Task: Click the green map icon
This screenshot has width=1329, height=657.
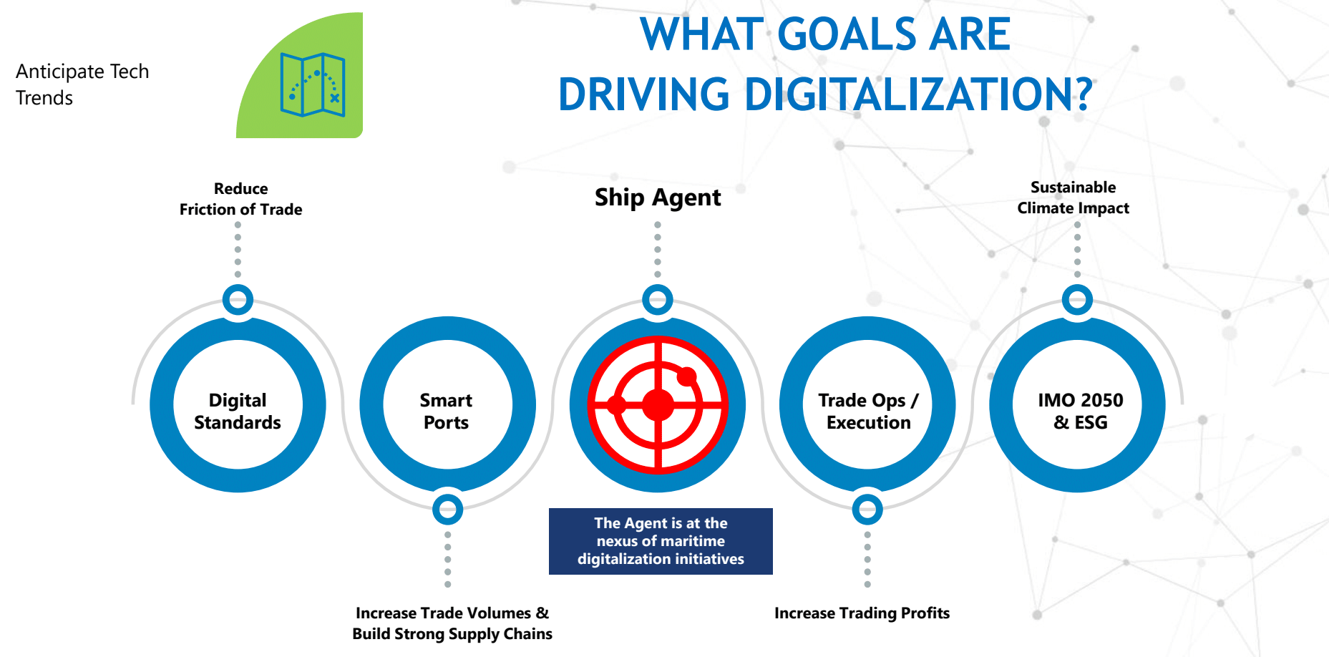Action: tap(313, 84)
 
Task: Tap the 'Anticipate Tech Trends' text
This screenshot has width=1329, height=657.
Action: tap(82, 84)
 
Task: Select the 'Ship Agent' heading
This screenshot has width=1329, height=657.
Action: tap(658, 197)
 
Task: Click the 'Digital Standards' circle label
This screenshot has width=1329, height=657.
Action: tap(238, 411)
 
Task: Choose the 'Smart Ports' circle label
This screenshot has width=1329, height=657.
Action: tap(447, 411)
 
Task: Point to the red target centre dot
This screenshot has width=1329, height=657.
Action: tap(658, 405)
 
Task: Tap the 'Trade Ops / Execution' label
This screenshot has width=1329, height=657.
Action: tap(868, 411)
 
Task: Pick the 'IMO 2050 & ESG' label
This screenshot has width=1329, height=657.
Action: tap(1081, 411)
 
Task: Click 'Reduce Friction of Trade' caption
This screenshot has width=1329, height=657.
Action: tap(240, 199)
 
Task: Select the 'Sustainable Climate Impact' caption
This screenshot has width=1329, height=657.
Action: tap(1073, 198)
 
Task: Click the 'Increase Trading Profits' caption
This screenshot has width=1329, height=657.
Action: tap(862, 613)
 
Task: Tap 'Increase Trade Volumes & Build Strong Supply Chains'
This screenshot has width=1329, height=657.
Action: tap(452, 623)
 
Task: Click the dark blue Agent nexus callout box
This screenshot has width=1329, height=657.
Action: tap(661, 541)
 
